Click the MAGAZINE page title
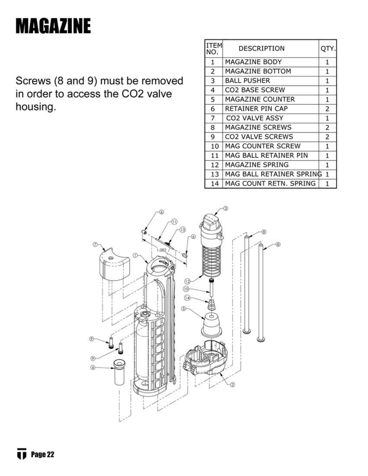coord(53,26)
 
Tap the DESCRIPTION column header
coord(261,48)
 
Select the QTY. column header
coord(328,48)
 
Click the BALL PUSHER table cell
coord(247,81)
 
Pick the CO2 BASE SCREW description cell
coord(255,90)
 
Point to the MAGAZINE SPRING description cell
coord(256,165)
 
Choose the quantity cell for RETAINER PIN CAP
coord(327,109)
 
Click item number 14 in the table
coord(214,184)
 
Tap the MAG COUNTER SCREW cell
coord(262,146)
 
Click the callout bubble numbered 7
coord(95,245)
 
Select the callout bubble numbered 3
coord(225,208)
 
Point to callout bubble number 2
coord(232,385)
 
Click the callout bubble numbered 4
coord(93,367)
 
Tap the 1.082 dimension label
coord(161,250)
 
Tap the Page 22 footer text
coord(42,454)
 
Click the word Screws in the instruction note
coord(33,81)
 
